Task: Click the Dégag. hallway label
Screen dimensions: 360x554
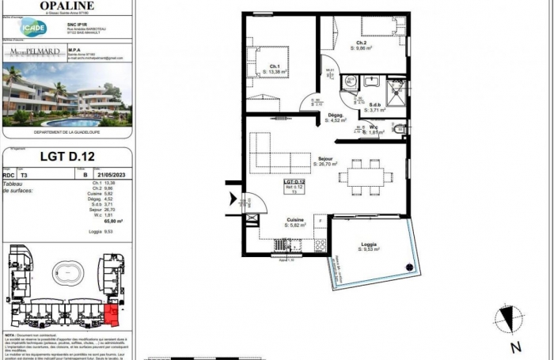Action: [336, 118]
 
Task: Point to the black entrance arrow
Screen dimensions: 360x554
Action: [233, 201]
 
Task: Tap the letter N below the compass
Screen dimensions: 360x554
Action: [515, 347]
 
